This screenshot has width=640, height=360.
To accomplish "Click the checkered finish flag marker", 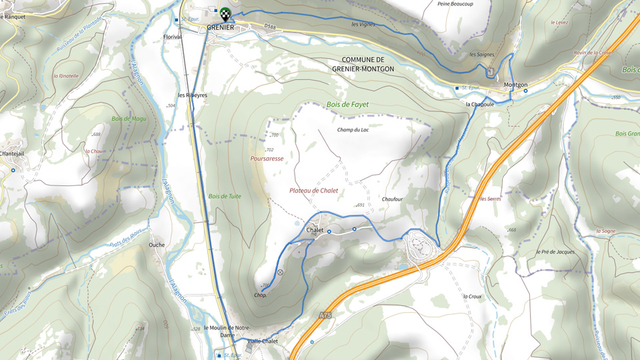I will [x=226, y=13].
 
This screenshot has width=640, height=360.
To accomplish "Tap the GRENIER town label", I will [x=220, y=27].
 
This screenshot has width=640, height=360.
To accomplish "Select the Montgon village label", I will [x=515, y=85].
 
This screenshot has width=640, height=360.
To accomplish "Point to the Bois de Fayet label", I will [x=347, y=105].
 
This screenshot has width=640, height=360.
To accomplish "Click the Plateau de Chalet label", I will [x=313, y=191].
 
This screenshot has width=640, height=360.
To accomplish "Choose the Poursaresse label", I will [x=267, y=159].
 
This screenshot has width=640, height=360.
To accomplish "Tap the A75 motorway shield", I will [x=325, y=314].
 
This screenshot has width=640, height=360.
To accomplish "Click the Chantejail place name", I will [x=12, y=154].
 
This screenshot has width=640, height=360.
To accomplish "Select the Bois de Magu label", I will [x=129, y=119].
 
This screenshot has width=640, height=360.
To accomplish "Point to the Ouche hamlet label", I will [x=157, y=245].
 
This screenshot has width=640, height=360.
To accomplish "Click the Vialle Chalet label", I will [x=262, y=341].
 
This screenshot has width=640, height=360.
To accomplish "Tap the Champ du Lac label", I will [x=353, y=130].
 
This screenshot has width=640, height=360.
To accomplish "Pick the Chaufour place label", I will [x=392, y=199].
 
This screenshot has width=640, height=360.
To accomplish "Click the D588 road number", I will [x=269, y=27].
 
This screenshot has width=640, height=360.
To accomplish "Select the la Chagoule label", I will [x=479, y=105].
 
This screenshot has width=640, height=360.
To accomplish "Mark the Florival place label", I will [x=172, y=37].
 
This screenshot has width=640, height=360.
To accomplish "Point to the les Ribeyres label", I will [x=193, y=95].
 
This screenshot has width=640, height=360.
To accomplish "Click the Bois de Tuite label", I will [x=225, y=197].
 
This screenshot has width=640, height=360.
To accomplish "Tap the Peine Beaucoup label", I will [x=455, y=4].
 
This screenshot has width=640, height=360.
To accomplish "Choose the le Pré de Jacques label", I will [x=555, y=252].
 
